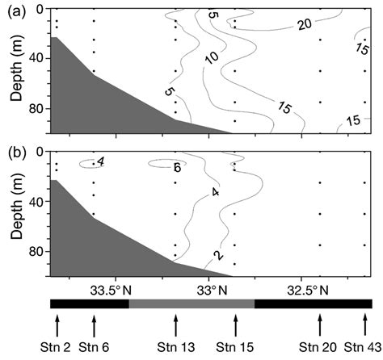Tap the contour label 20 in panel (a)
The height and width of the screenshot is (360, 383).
305,26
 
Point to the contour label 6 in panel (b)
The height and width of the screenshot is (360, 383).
176,167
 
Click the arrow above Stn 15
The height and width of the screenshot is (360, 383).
236,325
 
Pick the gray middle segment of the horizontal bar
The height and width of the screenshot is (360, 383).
191,303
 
